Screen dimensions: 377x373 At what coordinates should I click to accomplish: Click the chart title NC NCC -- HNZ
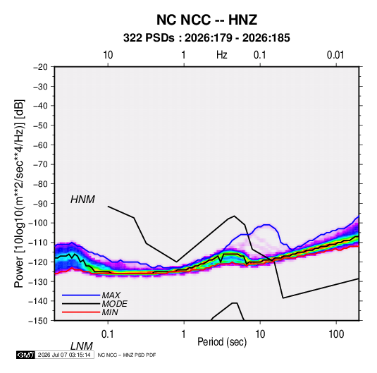coord(206,20)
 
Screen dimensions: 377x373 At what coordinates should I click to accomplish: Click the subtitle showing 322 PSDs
coord(206,38)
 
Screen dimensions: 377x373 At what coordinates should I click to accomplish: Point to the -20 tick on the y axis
coord(40,67)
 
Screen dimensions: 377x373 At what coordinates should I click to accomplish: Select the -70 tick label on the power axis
coord(40,164)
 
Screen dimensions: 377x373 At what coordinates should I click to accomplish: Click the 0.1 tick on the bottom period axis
coord(107,334)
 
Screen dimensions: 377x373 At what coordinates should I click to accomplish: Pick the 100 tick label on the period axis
coord(336,334)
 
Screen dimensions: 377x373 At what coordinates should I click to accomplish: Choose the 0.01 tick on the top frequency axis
coord(335,55)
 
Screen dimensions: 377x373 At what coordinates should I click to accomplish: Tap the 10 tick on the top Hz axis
coord(108,55)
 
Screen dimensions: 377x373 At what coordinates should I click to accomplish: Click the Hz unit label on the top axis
coord(222,55)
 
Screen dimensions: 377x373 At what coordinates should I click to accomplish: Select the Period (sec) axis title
coord(222,342)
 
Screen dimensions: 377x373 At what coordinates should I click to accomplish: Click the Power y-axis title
coord(19,194)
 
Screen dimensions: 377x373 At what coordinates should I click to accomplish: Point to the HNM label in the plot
coord(82,200)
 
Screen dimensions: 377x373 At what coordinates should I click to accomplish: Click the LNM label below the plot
coord(81,346)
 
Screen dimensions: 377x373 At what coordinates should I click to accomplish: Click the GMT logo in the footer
coord(25,355)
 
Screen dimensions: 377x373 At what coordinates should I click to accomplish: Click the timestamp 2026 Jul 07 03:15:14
coord(64,355)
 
